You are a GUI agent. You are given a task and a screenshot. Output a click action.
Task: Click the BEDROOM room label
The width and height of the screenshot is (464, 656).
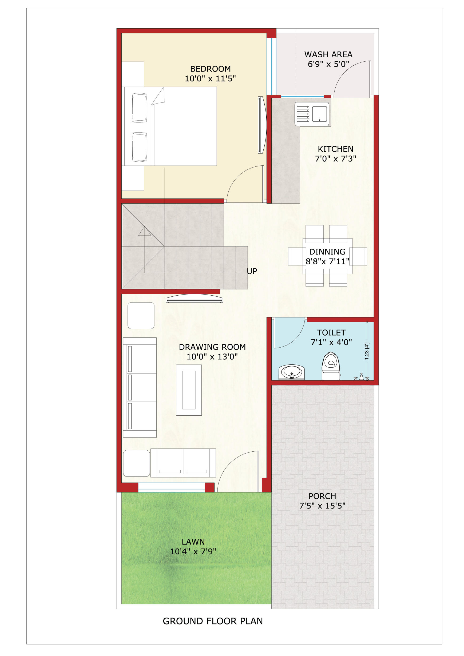(210, 69)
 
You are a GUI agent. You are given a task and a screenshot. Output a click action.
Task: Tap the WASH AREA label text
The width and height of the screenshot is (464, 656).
(328, 54)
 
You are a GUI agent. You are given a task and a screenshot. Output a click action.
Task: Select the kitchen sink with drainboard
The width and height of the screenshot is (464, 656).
(312, 114)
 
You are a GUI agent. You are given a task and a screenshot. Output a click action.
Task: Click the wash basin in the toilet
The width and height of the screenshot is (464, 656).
(291, 372)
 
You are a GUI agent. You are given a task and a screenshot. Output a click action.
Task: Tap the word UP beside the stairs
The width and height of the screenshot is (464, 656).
(252, 271)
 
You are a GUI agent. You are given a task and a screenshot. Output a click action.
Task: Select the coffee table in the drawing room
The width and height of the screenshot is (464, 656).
(189, 390)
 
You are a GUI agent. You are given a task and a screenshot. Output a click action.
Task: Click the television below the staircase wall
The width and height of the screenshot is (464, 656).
(194, 298)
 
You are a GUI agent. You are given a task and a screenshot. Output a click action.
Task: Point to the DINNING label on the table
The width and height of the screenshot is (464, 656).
(327, 252)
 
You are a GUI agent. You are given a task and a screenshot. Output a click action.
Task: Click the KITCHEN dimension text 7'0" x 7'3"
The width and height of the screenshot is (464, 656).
(335, 158)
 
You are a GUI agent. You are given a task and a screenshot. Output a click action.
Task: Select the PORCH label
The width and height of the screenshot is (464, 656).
(322, 496)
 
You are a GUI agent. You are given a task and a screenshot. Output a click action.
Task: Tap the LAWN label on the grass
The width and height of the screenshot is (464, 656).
(193, 542)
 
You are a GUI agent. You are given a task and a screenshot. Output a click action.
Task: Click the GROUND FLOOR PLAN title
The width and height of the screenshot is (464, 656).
(213, 621)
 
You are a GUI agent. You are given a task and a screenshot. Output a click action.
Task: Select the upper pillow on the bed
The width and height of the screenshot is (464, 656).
(140, 108)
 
